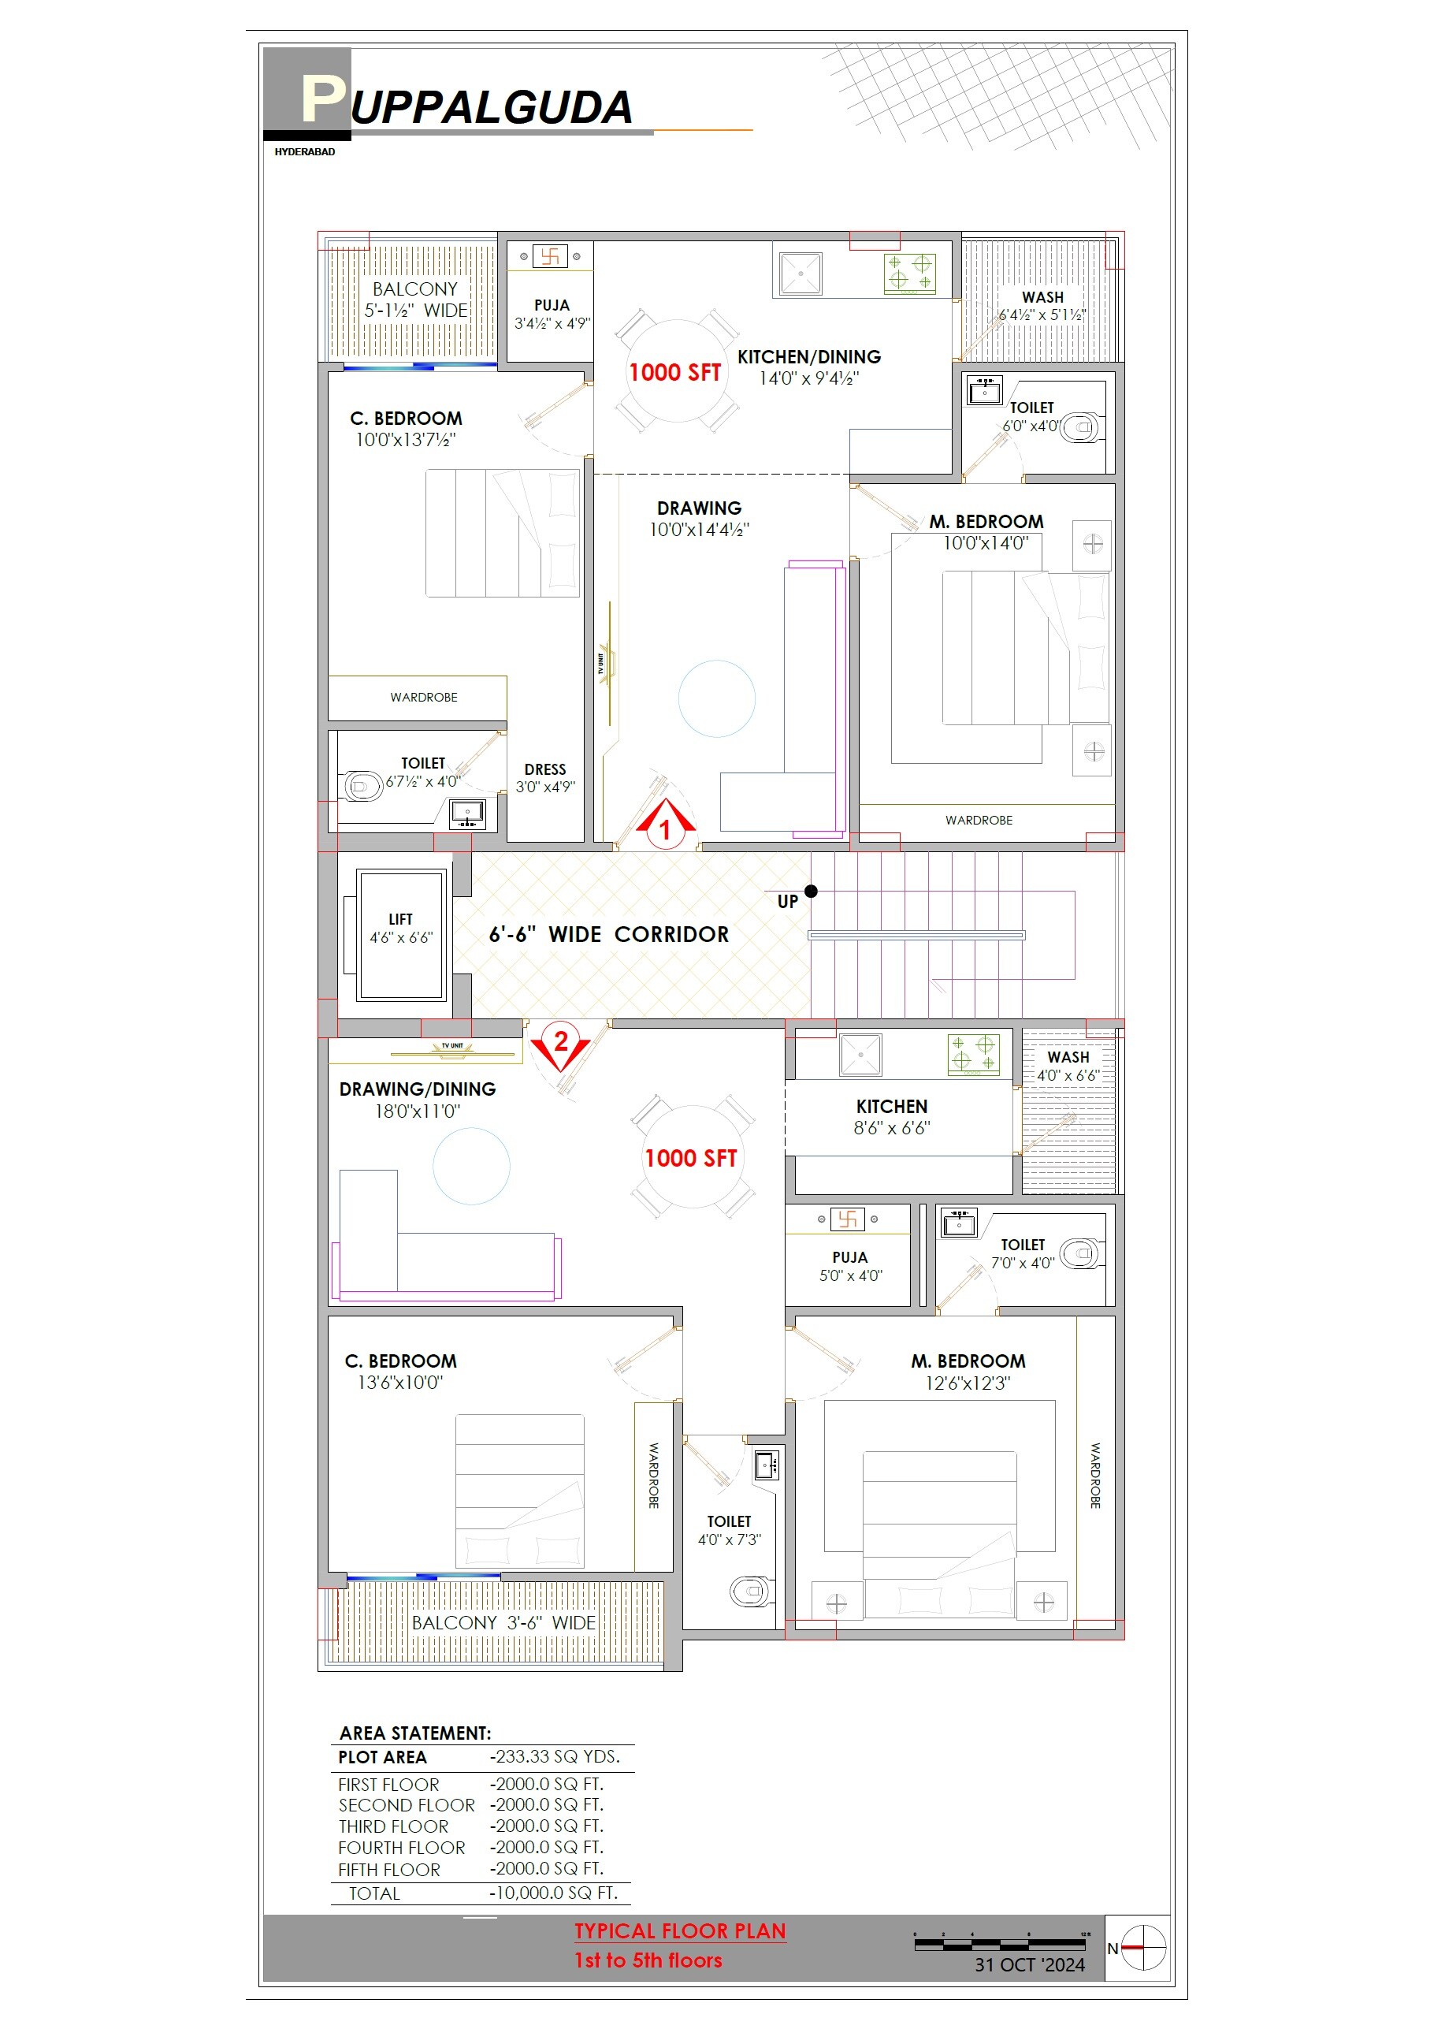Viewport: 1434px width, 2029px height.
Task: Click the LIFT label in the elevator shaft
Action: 400,919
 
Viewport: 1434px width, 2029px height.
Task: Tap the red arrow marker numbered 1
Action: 665,825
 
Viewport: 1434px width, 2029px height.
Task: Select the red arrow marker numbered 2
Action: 560,1045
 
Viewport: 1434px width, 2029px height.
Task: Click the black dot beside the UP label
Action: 811,891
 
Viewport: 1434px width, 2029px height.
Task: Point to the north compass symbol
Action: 1143,1947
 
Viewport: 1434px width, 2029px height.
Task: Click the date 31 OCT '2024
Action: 1029,1964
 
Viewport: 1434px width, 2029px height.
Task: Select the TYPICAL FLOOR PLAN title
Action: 679,1931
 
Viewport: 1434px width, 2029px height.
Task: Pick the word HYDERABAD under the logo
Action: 305,152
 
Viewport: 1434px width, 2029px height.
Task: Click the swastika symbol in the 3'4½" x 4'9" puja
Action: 549,256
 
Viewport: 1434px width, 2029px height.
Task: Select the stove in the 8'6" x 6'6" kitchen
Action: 973,1053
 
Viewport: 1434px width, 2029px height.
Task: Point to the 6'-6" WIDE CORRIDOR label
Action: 609,934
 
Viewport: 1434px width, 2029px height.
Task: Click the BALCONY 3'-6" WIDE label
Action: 503,1622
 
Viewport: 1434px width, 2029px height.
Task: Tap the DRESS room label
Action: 545,769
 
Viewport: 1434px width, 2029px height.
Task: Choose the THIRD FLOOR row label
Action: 393,1826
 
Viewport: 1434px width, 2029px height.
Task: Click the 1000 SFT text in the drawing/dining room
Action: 690,1158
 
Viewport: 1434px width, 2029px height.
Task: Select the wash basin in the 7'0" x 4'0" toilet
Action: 959,1224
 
